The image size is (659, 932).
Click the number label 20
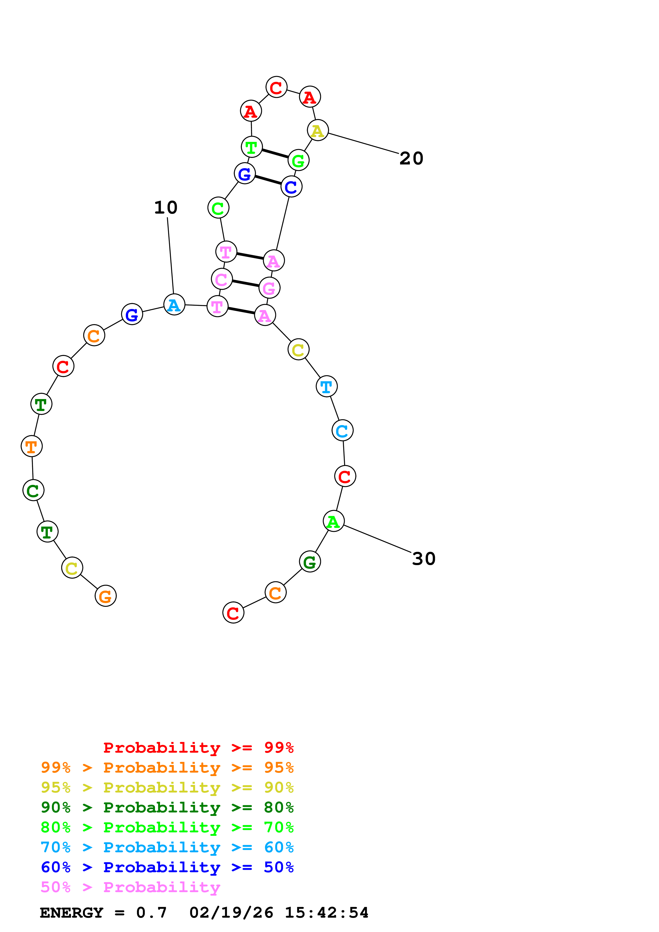pyautogui.click(x=411, y=159)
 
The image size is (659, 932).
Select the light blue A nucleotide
pyautogui.click(x=174, y=304)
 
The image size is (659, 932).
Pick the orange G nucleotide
pyautogui.click(x=106, y=596)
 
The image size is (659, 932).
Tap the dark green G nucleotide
pyautogui.click(x=310, y=562)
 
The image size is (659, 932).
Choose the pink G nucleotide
pyautogui.click(x=269, y=288)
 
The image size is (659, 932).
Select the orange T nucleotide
pyautogui.click(x=32, y=446)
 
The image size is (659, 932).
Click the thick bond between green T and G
pyautogui.click(x=275, y=154)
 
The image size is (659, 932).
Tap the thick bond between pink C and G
pyautogui.click(x=245, y=283)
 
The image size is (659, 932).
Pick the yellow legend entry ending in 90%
pyautogui.click(x=167, y=787)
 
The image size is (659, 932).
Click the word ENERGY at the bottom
pyautogui.click(x=72, y=913)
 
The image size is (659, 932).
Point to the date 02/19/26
pyautogui.click(x=231, y=913)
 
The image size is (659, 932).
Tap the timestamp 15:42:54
pyautogui.click(x=326, y=913)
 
